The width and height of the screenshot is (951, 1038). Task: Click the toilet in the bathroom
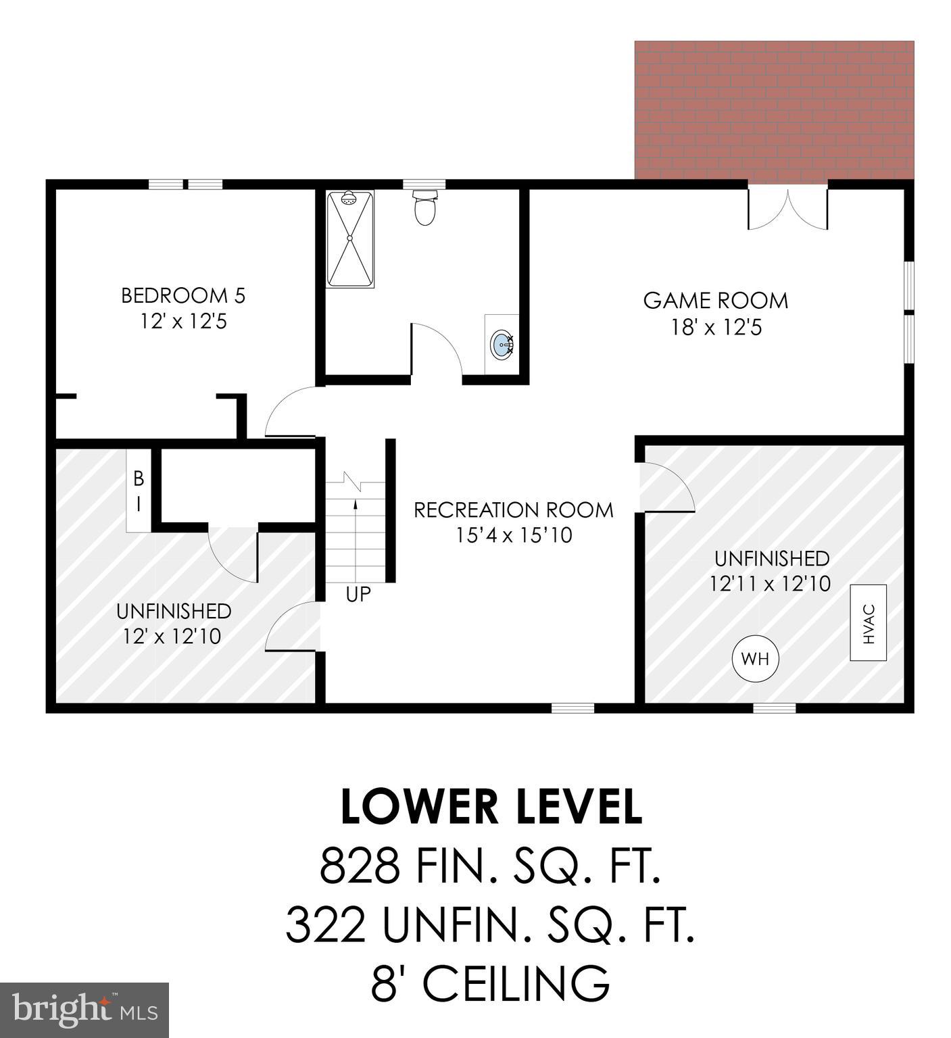coord(424,208)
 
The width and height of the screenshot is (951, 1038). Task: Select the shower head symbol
coord(349,199)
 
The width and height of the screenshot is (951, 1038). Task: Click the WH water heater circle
coord(755,658)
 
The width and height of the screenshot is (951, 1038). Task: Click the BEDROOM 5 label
coord(183,295)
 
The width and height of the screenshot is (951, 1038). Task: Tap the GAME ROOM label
coord(715,301)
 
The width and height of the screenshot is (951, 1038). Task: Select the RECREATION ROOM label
coord(514,510)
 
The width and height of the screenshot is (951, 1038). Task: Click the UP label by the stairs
coord(358,594)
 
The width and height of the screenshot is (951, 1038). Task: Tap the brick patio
coord(773,108)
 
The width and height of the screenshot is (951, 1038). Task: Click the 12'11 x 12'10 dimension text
coord(770,583)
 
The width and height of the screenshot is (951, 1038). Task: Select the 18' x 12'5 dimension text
coord(716,328)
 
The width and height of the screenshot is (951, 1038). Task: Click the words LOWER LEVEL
coord(491,807)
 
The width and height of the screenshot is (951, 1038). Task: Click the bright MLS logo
coord(84,1010)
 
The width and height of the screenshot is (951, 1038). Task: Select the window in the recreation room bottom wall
coord(572,708)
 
